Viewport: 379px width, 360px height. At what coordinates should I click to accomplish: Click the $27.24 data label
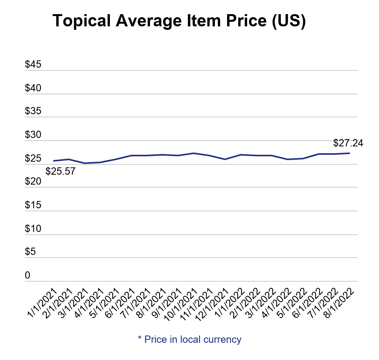coord(348,143)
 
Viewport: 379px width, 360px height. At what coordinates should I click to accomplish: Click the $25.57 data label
coord(60,171)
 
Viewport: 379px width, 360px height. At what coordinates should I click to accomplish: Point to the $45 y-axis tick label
coord(33,65)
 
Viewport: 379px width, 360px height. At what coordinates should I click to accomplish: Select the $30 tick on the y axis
coord(33,135)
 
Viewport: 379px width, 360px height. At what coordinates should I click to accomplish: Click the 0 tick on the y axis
coord(27,276)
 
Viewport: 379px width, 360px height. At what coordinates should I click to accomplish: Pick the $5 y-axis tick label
coord(31,252)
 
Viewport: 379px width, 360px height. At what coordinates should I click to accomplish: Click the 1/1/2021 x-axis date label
coord(42,303)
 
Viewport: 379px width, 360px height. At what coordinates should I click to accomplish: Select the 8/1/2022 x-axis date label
coord(340,303)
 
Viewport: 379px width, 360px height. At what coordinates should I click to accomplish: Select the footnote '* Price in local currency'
coord(189,339)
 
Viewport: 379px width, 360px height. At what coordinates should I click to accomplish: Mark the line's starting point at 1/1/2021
coord(53,161)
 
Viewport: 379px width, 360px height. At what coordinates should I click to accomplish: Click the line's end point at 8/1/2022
coord(350,153)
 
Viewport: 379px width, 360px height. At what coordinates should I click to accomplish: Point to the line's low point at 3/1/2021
coord(85,163)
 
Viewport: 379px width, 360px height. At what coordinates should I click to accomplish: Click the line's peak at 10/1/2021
coord(194,153)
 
